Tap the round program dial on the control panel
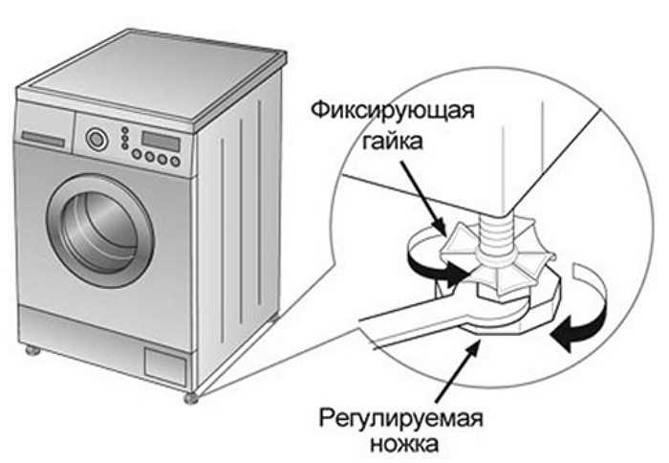[x=96, y=140]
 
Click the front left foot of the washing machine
[x=33, y=351]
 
